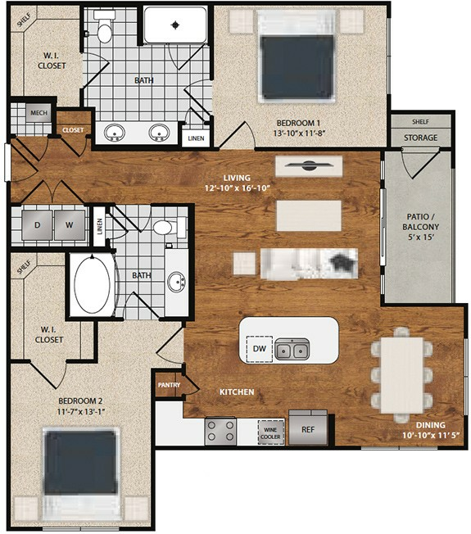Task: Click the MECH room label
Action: click(38, 113)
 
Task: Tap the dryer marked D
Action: click(37, 224)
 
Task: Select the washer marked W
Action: click(70, 224)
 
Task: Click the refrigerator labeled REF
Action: click(308, 429)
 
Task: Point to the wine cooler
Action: click(271, 432)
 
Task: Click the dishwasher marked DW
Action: click(260, 348)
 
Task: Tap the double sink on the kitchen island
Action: click(292, 349)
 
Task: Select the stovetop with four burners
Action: click(220, 431)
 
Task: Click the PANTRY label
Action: click(169, 385)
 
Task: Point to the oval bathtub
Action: click(92, 285)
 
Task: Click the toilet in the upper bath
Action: click(104, 26)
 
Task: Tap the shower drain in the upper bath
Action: click(175, 25)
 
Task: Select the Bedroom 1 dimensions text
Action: click(299, 133)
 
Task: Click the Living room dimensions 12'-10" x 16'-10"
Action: click(238, 188)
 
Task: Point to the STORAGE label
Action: click(420, 138)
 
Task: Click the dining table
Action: click(401, 375)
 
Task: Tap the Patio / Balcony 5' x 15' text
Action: click(420, 227)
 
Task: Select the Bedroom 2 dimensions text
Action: click(81, 412)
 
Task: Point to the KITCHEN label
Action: click(237, 392)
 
